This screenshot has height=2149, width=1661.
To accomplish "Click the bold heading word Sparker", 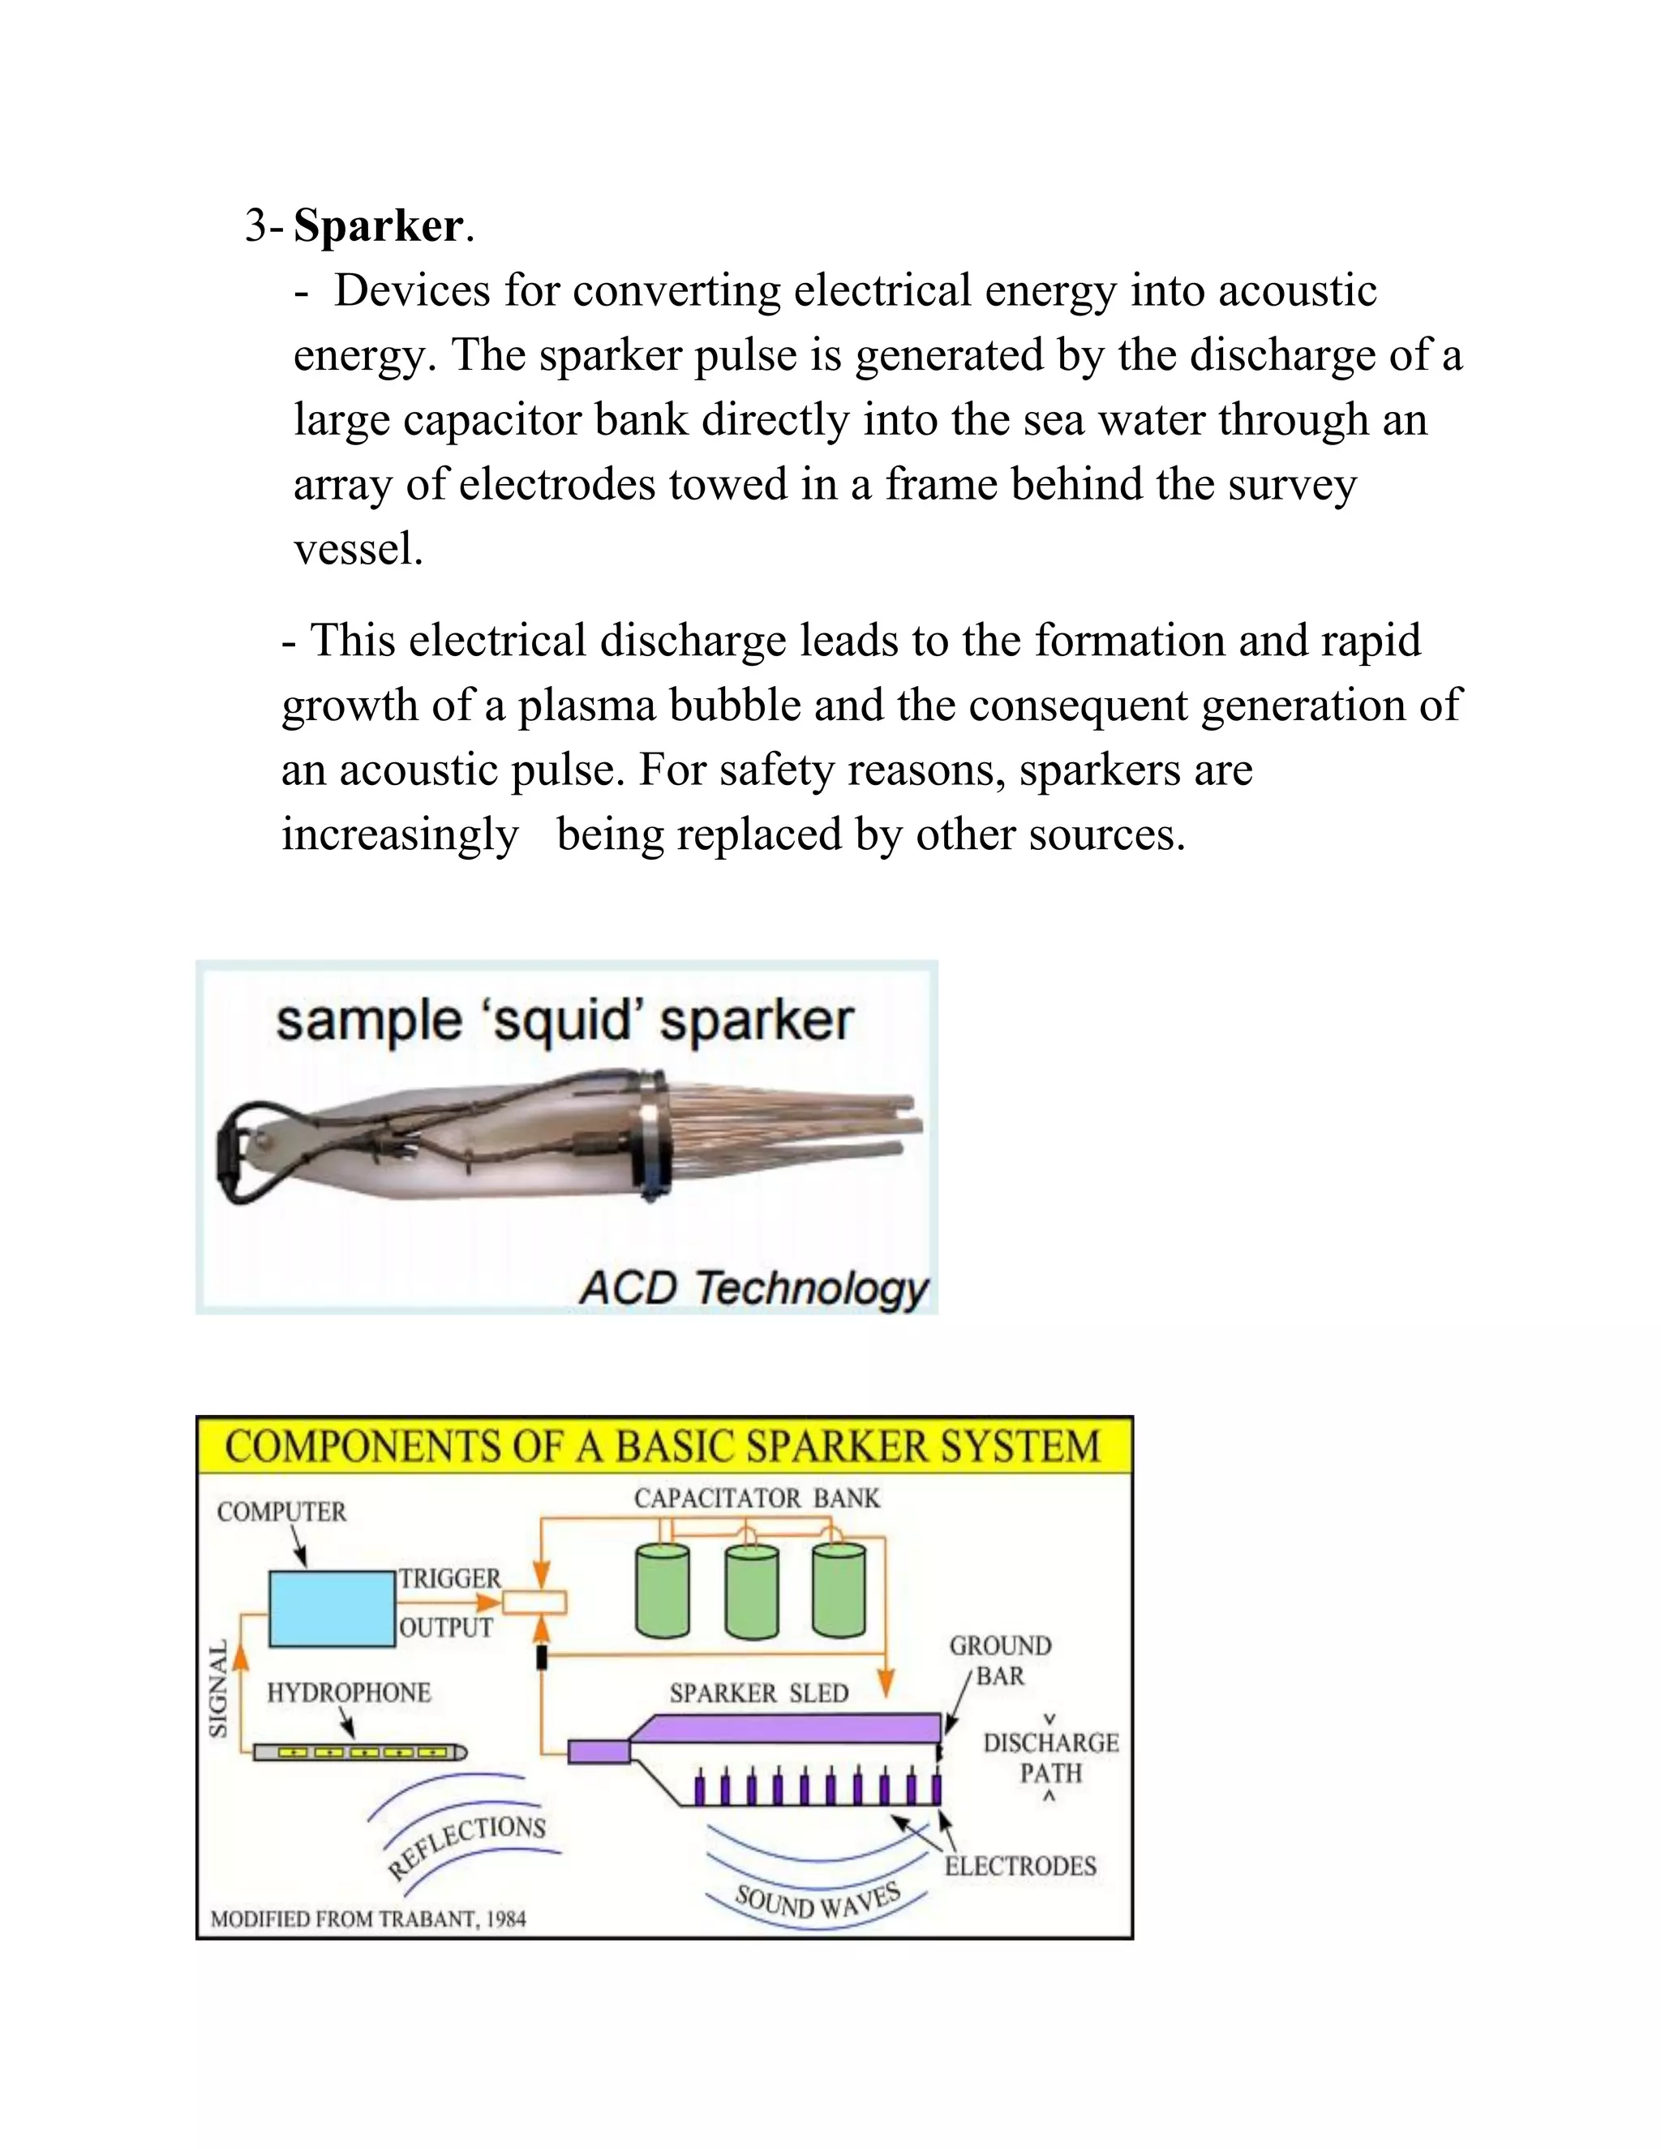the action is [378, 226].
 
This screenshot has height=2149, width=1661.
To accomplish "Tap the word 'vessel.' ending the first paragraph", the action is [358, 549].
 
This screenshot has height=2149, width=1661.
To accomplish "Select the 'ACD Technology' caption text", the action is [753, 1288].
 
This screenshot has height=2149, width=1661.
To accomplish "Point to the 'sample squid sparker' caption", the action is [564, 1021].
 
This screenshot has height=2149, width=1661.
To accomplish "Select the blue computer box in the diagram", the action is [333, 1609].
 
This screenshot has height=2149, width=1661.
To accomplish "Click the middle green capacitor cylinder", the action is [752, 1590].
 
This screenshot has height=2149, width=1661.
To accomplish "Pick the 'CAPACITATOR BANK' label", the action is [757, 1499].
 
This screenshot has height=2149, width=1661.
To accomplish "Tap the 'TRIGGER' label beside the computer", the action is [449, 1578].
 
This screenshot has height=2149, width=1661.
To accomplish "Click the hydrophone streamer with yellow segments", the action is [360, 1752].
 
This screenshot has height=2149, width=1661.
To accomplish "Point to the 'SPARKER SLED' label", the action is [758, 1693].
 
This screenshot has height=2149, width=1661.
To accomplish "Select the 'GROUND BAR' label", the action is [1000, 1661].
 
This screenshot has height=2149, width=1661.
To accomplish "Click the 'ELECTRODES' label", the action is [1020, 1866].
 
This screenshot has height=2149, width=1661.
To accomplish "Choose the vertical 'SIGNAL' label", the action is [218, 1688].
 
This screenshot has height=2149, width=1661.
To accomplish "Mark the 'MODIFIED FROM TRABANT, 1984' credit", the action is [369, 1920].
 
